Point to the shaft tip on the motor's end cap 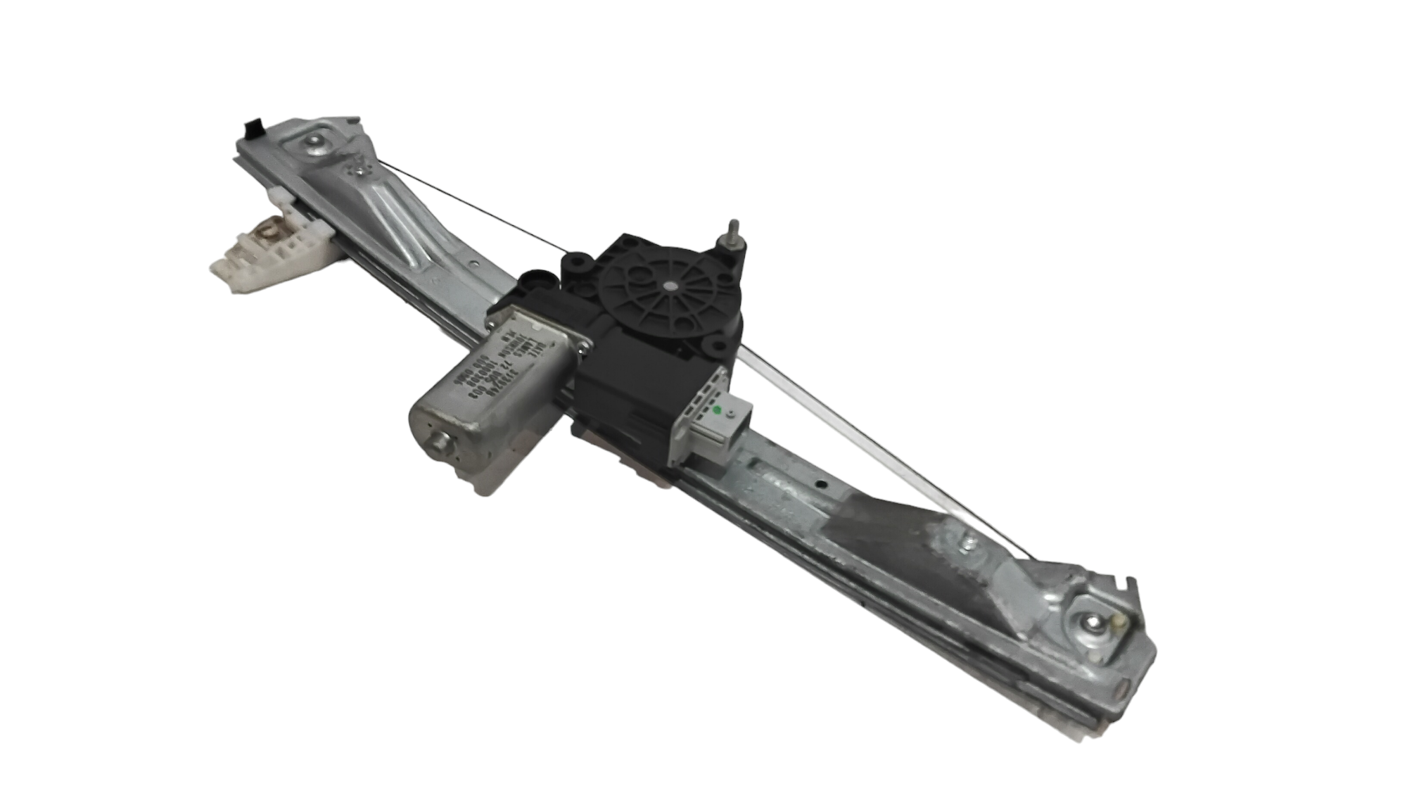pos(443,441)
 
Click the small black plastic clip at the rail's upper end pos(250,129)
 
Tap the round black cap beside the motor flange pos(535,282)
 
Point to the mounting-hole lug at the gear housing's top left pos(578,265)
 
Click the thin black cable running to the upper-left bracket pos(471,204)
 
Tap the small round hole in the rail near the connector pos(820,484)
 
